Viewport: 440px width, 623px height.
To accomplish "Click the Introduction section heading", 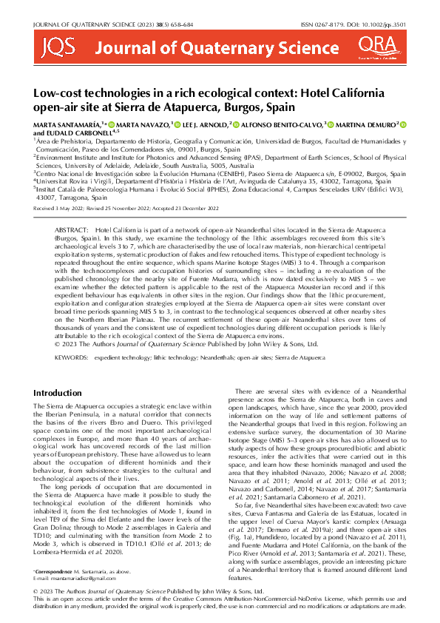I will pos(58,391).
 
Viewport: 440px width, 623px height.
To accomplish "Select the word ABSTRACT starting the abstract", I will pos(72,232).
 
